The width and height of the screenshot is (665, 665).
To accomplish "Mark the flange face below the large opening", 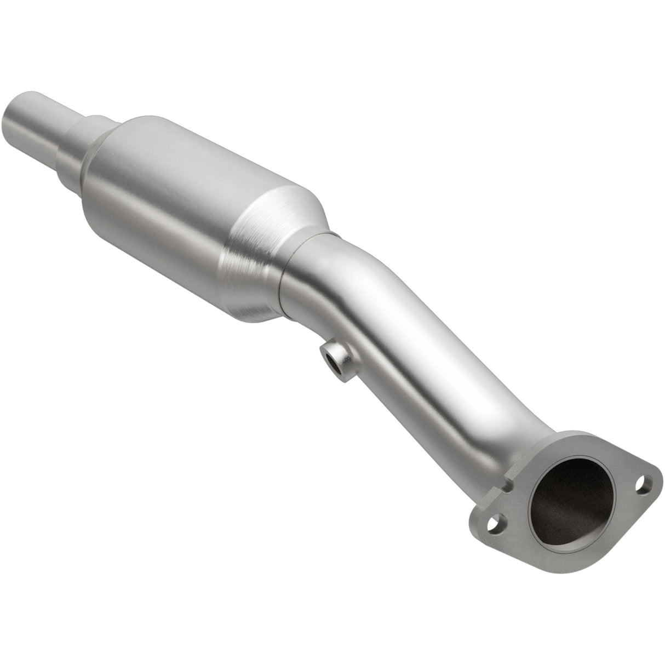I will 581,553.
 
